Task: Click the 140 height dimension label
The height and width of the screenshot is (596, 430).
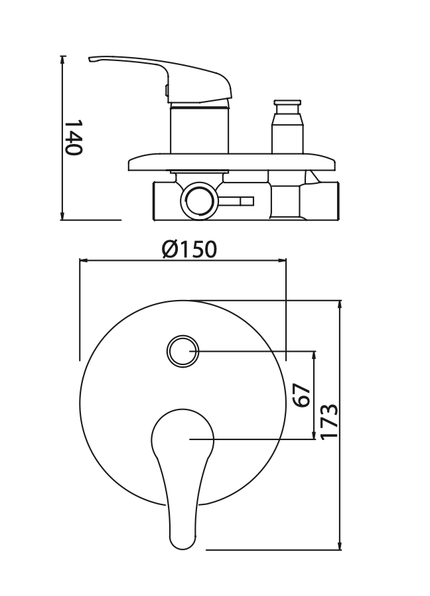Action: (x=72, y=137)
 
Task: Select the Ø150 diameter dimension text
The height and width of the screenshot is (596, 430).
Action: (x=189, y=250)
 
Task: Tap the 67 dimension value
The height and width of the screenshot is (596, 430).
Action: (x=303, y=396)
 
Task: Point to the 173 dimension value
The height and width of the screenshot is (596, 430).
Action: (x=328, y=421)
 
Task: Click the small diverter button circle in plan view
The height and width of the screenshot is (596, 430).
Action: (x=183, y=352)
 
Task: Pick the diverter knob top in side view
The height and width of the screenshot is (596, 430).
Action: (x=287, y=103)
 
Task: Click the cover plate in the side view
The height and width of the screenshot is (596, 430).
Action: (x=232, y=162)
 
